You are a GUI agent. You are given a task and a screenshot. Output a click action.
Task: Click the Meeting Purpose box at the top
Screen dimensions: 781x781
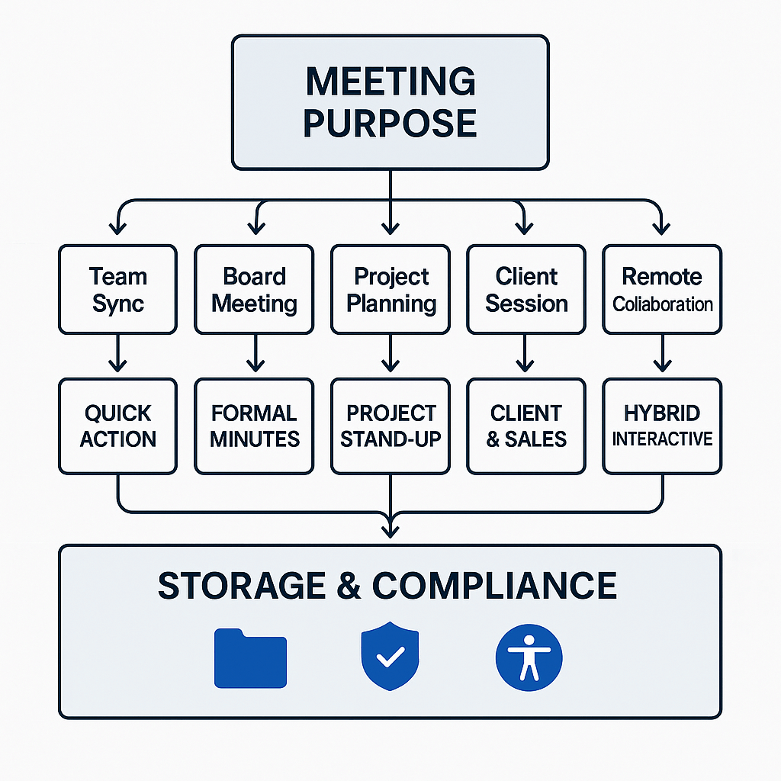390,102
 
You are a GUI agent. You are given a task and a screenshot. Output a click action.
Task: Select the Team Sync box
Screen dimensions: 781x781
117,289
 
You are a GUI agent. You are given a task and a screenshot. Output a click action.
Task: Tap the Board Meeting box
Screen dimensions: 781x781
254,289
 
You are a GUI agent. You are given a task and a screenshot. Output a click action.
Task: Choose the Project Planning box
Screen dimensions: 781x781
390,289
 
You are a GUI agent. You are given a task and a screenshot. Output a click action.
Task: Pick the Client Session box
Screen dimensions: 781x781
526,289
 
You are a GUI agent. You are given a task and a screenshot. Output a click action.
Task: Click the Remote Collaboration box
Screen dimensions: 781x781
662,289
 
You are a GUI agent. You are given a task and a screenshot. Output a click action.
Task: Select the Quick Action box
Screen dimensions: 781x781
117,426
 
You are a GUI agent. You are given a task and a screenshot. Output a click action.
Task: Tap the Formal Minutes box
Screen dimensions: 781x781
254,426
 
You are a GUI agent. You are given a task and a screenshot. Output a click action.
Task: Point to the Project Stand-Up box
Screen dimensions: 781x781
390,426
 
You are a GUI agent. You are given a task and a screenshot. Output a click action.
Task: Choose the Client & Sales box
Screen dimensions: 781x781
526,426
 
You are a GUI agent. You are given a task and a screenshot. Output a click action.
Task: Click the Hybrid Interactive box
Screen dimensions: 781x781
662,426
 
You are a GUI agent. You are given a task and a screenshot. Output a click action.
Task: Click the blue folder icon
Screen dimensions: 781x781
250,657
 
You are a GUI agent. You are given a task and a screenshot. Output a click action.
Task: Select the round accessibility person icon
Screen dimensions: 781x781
529,656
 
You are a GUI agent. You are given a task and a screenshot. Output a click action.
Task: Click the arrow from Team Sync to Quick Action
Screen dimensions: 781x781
117,355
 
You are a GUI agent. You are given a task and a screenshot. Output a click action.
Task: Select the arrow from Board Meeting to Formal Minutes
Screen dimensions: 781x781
254,355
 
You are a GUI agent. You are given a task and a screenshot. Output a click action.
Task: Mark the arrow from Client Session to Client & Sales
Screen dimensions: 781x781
526,355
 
